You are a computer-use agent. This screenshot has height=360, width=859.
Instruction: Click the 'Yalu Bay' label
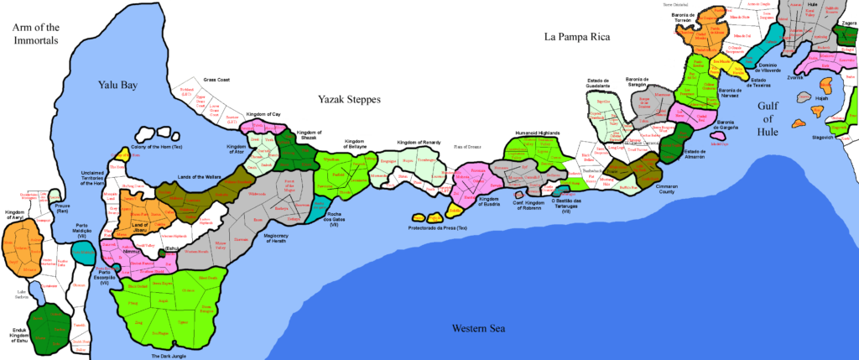(x=117, y=85)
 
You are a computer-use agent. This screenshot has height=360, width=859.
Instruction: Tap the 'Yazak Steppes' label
(x=349, y=99)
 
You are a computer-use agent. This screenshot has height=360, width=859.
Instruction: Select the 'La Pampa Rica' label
(x=576, y=37)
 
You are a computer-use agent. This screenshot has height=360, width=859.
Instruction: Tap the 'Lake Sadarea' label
(x=23, y=295)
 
